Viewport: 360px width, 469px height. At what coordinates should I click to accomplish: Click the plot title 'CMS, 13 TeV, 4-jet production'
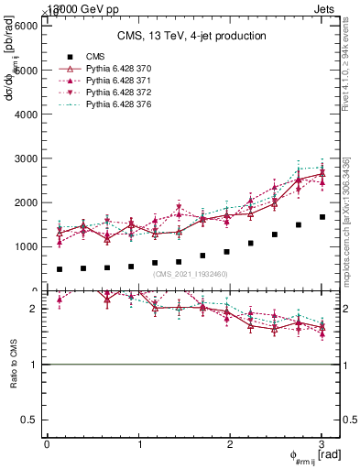(191, 36)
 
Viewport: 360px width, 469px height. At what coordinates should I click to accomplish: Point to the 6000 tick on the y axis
(25, 26)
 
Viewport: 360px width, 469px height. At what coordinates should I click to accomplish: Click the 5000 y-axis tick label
(25, 70)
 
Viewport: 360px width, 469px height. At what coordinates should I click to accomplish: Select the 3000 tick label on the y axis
(25, 158)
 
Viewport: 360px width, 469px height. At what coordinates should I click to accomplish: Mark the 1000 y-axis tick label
(25, 246)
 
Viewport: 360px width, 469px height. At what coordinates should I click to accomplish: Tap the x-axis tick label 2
(231, 445)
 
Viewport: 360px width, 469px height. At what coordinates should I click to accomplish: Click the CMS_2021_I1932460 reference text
(191, 274)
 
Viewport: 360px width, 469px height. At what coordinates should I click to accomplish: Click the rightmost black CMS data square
(322, 217)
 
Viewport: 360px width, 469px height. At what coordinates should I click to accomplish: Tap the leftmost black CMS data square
(60, 269)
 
